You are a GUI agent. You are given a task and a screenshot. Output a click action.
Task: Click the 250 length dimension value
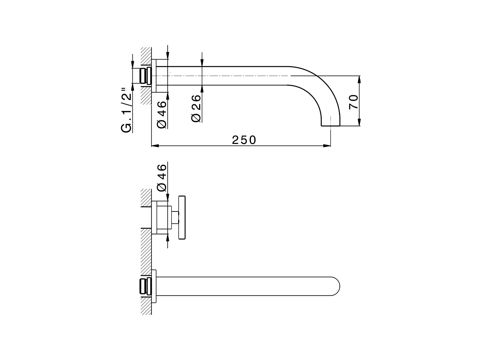[x=244, y=140]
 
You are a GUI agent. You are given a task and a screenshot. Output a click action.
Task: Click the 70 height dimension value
[x=353, y=102]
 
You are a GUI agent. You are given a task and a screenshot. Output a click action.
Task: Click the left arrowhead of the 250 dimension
[x=154, y=146]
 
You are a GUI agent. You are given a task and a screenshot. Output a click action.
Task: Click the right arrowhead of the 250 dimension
[x=328, y=146]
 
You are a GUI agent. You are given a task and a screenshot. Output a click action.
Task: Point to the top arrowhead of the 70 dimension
[x=359, y=78]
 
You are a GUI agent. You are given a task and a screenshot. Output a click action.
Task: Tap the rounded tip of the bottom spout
[x=336, y=287]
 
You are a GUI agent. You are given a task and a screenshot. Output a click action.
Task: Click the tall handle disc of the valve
[x=182, y=217]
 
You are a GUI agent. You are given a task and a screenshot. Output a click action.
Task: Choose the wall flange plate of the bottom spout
[x=153, y=287]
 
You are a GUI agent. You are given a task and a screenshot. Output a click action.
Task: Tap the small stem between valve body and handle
[x=175, y=217]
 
